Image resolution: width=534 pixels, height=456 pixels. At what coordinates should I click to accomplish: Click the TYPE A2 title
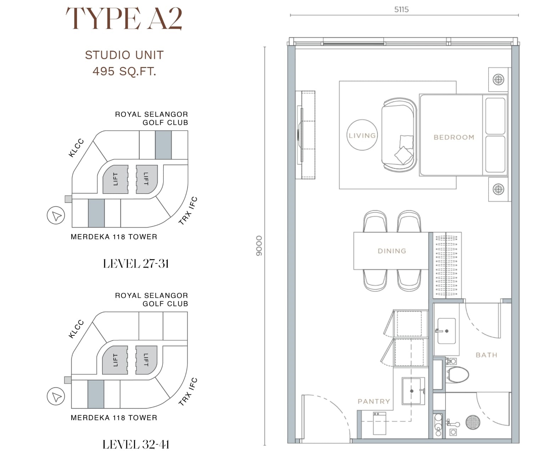[124, 18]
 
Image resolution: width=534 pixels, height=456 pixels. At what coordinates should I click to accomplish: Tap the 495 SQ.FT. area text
[124, 71]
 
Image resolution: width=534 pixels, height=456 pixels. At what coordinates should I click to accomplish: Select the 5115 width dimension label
[401, 10]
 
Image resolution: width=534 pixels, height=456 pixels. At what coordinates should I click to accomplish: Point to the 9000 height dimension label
[259, 246]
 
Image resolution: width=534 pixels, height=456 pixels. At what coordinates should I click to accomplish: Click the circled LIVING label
[362, 135]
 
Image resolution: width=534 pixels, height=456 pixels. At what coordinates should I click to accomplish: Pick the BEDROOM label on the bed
[454, 137]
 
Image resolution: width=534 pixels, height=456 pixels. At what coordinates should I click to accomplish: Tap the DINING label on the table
[392, 251]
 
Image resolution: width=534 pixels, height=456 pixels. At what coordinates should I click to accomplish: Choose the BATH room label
[486, 355]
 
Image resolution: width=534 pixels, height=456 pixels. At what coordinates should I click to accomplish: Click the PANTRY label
[374, 401]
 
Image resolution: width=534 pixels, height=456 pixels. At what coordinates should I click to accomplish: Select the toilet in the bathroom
[456, 374]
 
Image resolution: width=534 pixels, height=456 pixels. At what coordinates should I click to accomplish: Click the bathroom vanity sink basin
[446, 331]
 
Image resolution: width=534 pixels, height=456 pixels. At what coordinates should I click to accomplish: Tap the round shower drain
[473, 422]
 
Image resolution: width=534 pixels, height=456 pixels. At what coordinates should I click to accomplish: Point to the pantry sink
[413, 391]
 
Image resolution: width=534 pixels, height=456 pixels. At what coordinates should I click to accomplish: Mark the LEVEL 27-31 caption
[136, 264]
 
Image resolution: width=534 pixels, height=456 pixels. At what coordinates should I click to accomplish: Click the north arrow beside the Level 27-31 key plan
[56, 215]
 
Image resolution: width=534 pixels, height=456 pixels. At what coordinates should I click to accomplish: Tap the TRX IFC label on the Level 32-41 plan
[188, 391]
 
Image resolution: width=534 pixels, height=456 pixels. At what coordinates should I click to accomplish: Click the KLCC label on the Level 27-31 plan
[76, 148]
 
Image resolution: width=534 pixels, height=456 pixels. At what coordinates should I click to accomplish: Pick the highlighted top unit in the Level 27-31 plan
[163, 145]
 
